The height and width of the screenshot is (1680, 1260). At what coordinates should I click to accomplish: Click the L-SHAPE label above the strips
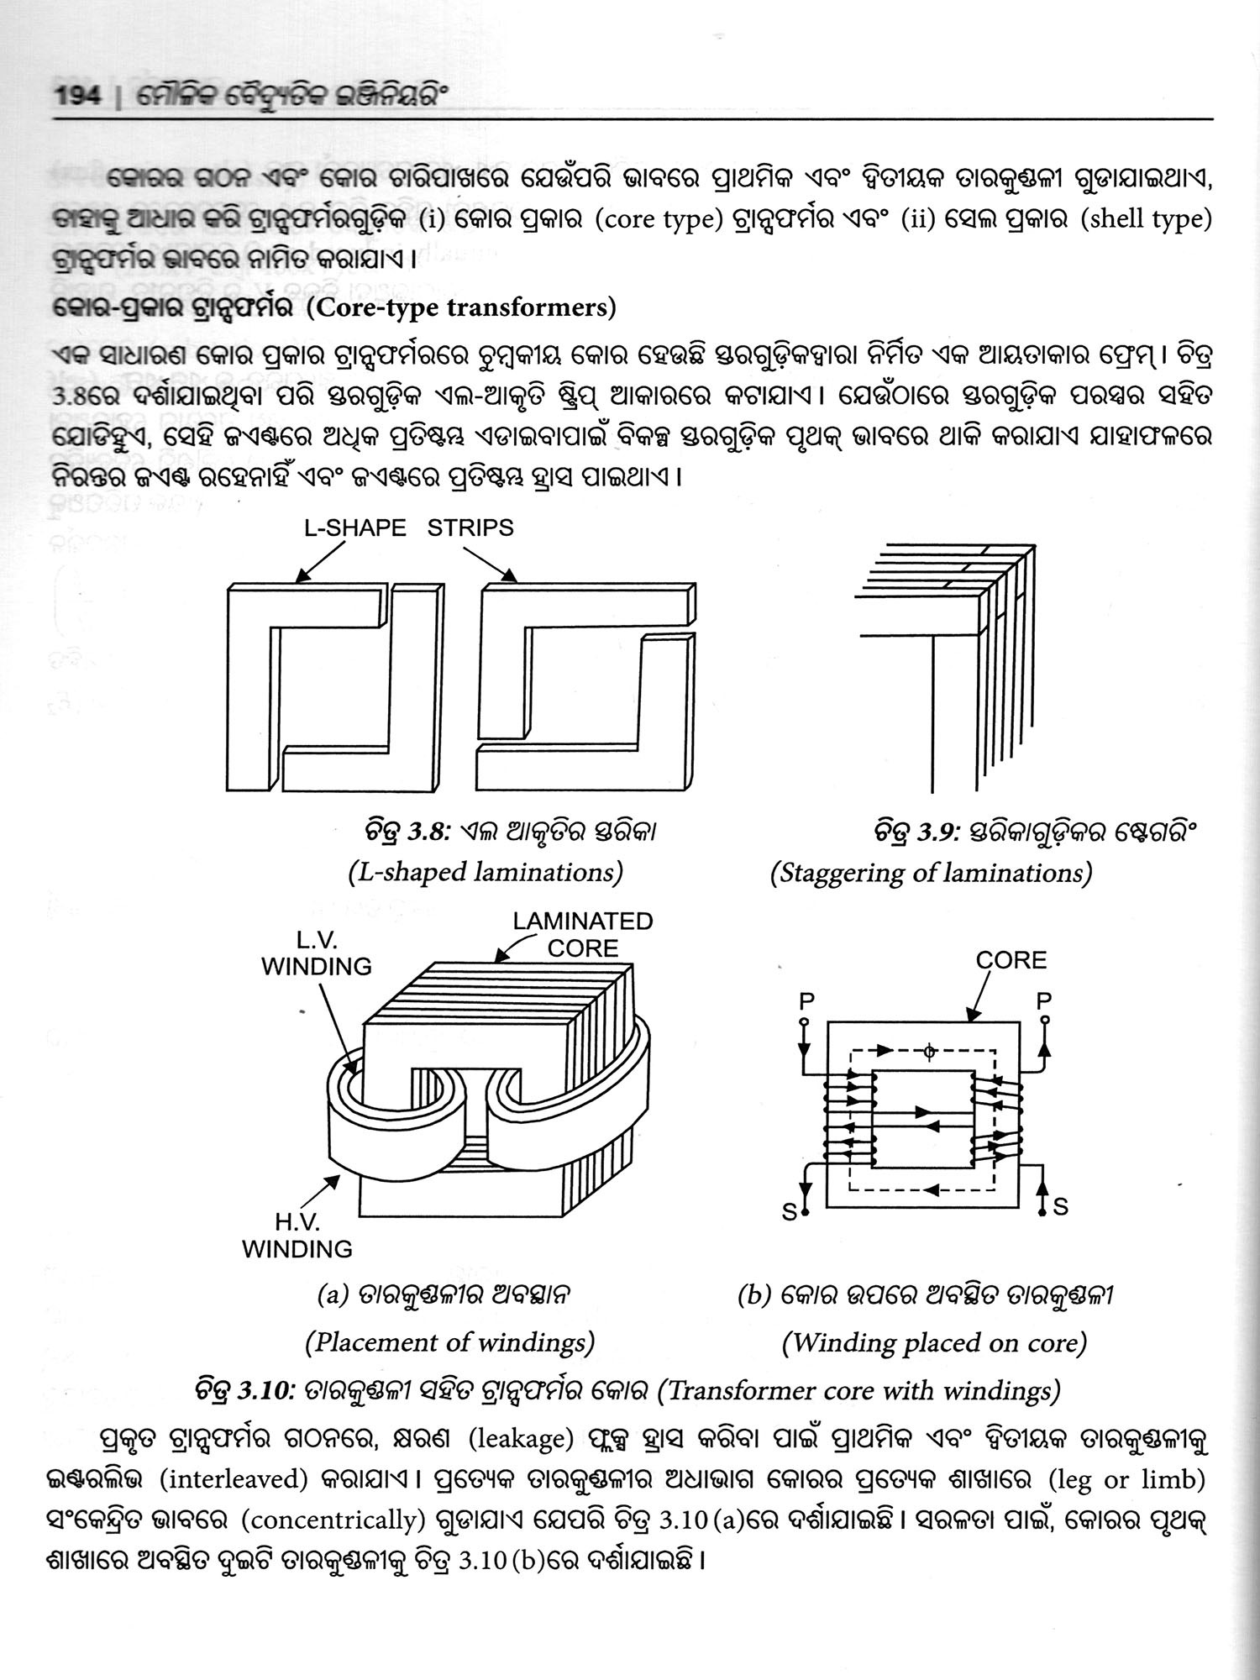point(354,528)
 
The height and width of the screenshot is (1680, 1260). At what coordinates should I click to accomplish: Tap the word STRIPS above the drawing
point(470,528)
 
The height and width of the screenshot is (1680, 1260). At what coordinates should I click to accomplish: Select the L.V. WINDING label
point(317,953)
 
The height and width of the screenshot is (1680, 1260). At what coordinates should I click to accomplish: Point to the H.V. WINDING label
point(297,1236)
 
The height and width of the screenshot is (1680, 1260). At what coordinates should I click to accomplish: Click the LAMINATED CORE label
point(583,934)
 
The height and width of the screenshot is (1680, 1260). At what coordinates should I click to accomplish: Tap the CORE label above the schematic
point(1011,960)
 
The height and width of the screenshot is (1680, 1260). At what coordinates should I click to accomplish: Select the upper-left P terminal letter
point(806,1001)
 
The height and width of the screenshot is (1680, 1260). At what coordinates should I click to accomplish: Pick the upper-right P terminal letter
point(1044,1001)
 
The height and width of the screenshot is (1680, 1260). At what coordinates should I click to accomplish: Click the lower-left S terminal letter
point(790,1212)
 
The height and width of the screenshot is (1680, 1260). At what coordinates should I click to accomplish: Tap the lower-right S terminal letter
point(1060,1207)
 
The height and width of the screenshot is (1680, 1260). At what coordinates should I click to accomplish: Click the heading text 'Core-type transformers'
point(460,308)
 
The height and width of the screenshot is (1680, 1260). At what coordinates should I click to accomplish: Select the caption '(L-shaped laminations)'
point(486,873)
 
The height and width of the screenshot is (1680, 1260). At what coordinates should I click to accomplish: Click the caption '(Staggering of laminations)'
point(931,873)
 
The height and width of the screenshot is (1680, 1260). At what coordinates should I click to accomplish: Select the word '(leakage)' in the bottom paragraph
point(520,1440)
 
